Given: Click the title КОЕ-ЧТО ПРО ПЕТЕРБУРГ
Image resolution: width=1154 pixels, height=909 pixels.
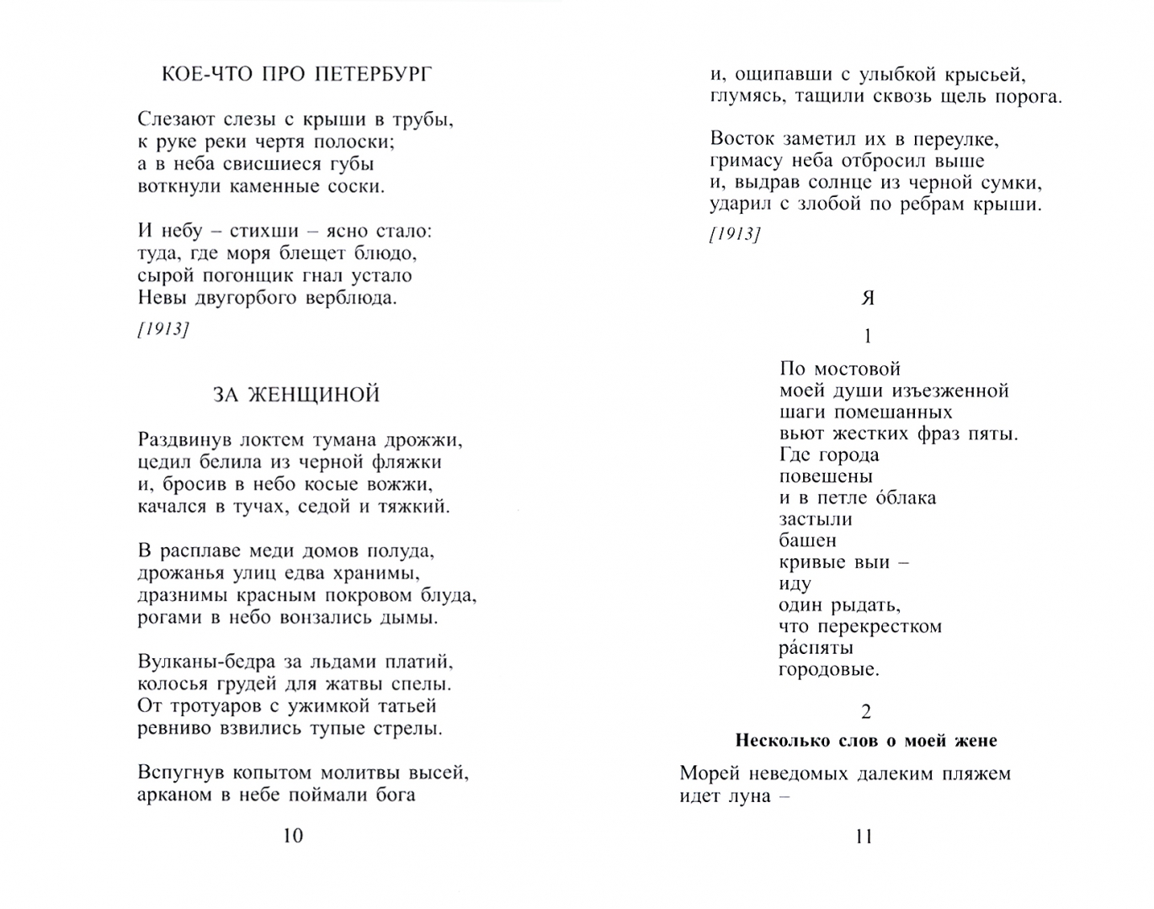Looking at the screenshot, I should point(296,75).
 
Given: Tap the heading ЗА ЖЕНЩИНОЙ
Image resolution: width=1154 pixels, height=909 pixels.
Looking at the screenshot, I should point(296,395).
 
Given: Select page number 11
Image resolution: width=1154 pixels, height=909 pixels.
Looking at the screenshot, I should point(864,837).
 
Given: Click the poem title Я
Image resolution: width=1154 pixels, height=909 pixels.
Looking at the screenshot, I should point(869,298).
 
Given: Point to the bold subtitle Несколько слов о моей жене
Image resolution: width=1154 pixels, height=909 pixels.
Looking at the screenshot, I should point(866,741).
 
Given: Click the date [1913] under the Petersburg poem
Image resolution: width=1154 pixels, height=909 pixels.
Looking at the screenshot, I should point(163,329).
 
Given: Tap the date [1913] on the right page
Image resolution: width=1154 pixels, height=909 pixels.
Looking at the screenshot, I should point(735,235).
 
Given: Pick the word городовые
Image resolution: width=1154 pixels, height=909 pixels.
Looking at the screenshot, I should point(829,670).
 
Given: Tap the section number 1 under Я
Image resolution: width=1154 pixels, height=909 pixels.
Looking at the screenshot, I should point(868,337).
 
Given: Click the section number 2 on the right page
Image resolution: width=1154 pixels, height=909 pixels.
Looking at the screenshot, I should point(867,712).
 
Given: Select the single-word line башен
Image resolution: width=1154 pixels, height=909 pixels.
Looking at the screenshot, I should point(808,540).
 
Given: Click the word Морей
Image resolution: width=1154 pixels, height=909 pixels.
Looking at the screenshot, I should point(710,773).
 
